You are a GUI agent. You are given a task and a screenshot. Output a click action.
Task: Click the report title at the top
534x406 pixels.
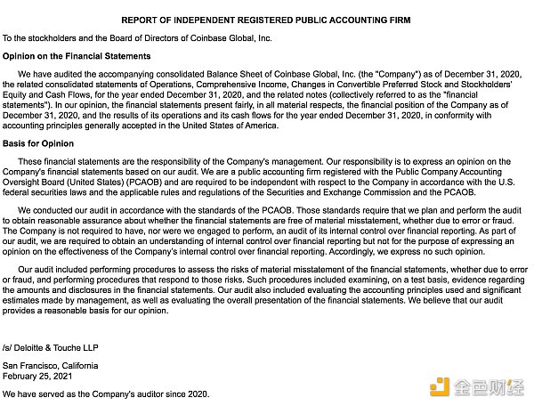pyautogui.click(x=266, y=20)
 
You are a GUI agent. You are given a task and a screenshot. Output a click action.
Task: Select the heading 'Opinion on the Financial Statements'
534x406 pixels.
pyautogui.click(x=77, y=56)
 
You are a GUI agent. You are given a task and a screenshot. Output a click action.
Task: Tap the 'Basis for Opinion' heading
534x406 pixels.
pyautogui.click(x=38, y=143)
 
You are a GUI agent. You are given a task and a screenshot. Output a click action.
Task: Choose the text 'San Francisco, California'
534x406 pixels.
pyautogui.click(x=51, y=366)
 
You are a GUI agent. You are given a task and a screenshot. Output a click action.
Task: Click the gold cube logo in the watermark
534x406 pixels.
pyautogui.click(x=440, y=386)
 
